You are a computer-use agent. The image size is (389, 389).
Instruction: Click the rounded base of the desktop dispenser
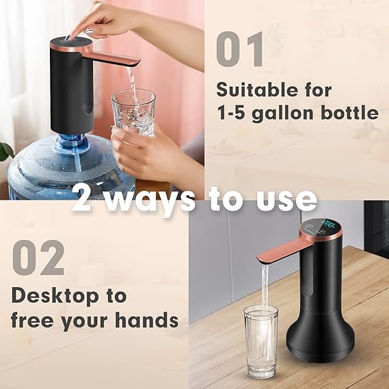(x=321, y=349)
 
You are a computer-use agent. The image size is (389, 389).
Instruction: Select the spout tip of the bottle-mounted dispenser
(x=134, y=62)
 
